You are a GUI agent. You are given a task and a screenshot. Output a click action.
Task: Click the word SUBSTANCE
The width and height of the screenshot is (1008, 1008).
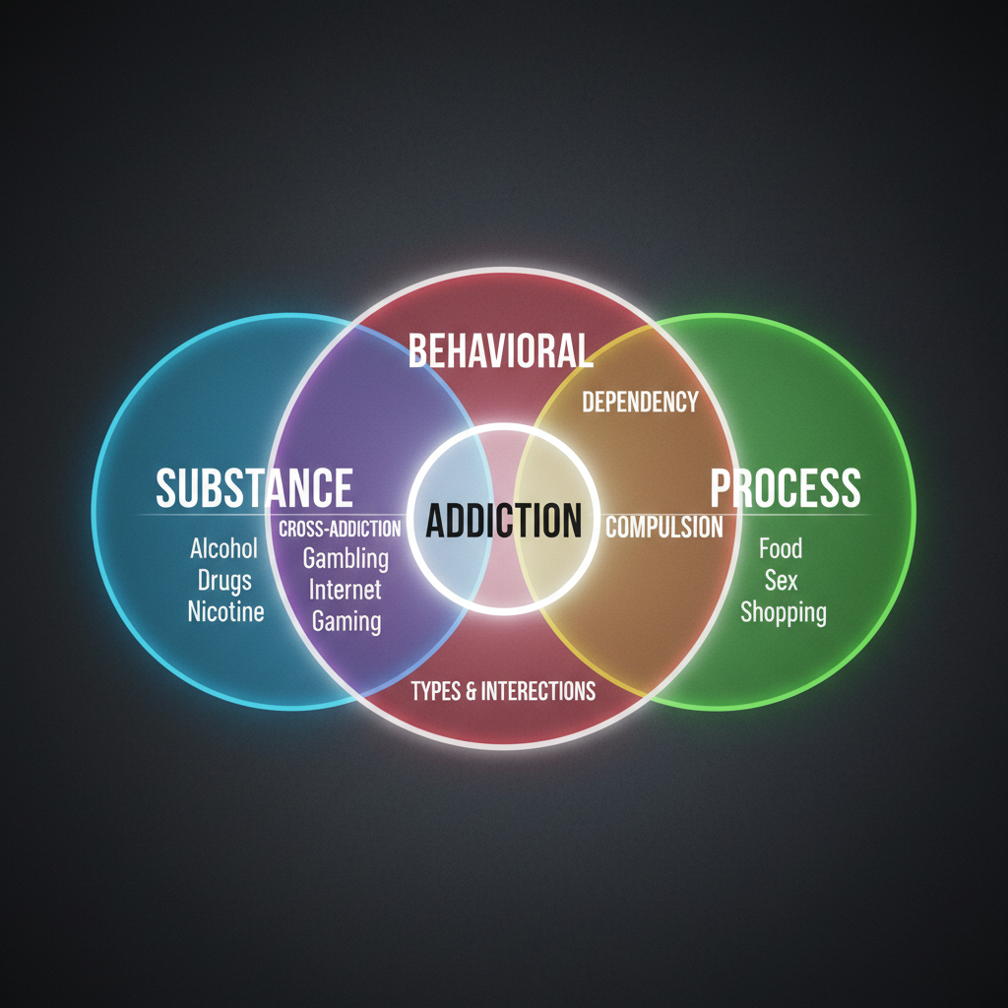(254, 487)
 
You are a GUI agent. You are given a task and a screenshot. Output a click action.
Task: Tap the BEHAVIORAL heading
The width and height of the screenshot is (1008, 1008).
(500, 350)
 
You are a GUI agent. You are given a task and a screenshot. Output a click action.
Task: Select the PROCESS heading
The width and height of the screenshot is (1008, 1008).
(786, 487)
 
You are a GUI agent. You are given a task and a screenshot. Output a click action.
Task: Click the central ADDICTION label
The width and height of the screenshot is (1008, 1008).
(503, 520)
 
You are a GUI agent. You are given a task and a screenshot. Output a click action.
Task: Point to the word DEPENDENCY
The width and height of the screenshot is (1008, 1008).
(640, 402)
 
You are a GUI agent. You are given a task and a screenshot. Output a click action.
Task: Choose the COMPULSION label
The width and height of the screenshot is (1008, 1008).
(663, 527)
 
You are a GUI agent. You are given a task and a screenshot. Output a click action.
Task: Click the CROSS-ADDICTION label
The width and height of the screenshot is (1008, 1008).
(340, 529)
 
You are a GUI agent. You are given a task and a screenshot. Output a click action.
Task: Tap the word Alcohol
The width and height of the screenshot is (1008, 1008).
(223, 548)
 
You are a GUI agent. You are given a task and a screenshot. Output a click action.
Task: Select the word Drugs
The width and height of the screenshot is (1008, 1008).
(224, 580)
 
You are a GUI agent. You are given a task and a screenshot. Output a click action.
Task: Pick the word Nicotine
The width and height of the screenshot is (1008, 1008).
(226, 611)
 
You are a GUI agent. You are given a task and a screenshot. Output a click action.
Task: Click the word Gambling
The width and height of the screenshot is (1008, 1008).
(346, 559)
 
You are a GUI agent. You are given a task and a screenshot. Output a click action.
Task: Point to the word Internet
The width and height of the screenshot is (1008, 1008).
(346, 590)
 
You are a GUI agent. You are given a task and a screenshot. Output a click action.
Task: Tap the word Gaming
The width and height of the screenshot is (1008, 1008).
(346, 621)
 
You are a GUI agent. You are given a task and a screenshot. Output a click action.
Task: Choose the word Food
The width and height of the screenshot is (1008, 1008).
(781, 548)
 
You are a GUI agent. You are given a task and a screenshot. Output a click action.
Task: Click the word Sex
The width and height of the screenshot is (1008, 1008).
(782, 580)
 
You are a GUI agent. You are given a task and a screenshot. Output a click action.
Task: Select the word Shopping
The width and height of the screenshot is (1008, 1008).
(784, 612)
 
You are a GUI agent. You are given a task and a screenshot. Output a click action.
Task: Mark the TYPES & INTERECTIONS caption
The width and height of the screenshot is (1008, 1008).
(503, 691)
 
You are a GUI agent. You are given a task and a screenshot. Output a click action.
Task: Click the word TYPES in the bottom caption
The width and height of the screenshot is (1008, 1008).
(434, 691)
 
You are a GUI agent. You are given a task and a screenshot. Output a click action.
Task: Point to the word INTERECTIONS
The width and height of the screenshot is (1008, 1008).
(538, 691)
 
